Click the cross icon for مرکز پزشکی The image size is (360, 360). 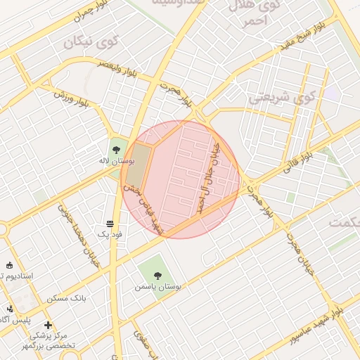click(48, 325)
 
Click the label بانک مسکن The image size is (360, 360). click(66, 299)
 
